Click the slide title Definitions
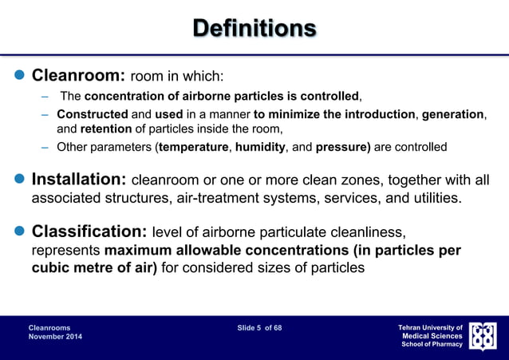254,29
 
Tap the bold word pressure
342,147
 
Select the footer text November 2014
55,338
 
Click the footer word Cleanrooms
49,328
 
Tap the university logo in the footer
483,337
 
